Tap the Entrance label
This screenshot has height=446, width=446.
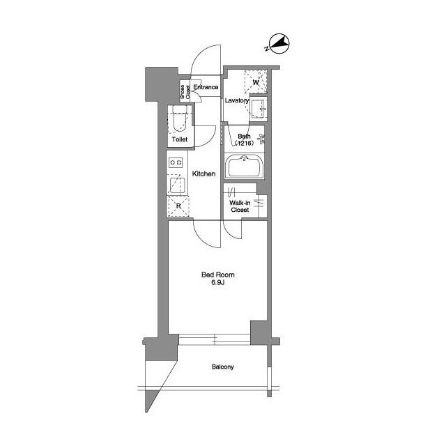coord(206,87)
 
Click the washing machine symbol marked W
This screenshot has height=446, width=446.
coord(256,83)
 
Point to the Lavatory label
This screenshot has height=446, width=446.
coord(237,101)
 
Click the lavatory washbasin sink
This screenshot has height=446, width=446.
coord(259,109)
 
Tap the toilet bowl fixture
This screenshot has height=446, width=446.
coord(178,123)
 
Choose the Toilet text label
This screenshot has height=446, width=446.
coord(180,139)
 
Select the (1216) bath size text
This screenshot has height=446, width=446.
coord(244,144)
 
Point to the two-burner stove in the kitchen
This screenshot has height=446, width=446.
coord(176,162)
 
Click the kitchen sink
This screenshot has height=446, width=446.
coord(176,185)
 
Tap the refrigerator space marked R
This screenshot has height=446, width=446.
coord(178,206)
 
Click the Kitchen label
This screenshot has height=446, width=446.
coord(204,174)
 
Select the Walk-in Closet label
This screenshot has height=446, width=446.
coord(240,206)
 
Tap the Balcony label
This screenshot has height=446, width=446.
coord(222,367)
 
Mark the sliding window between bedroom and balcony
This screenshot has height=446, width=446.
coord(215,339)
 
